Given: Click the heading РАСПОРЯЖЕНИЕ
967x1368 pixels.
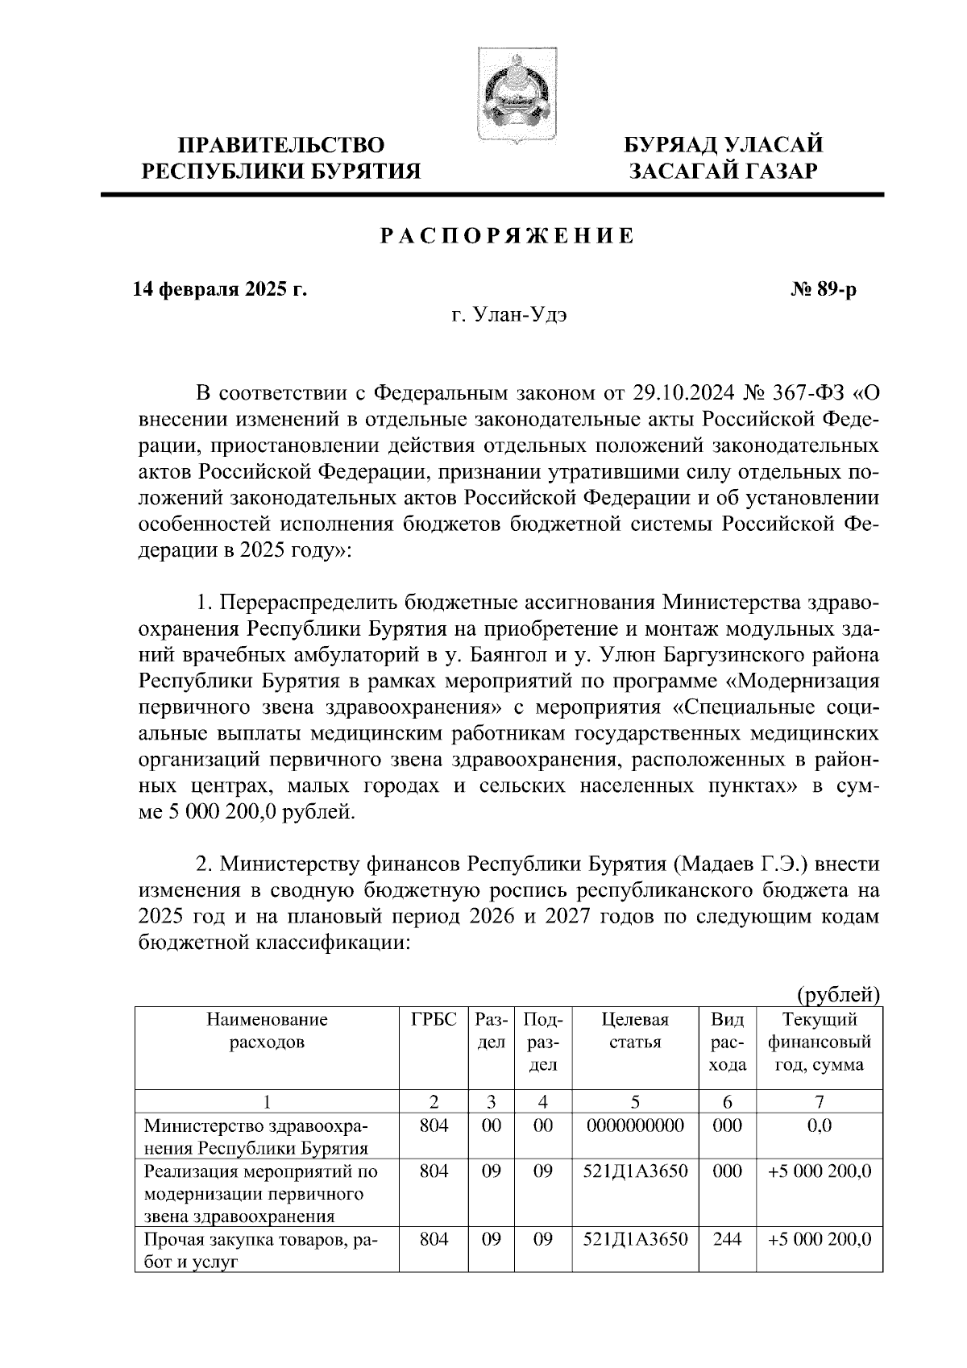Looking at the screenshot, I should (507, 236).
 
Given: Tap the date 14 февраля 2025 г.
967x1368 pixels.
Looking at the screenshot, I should (219, 289).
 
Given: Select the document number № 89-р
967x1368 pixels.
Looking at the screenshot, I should (823, 289).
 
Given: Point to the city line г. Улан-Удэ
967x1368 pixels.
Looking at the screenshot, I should (508, 316).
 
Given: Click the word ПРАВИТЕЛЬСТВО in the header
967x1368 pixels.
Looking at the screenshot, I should (281, 146).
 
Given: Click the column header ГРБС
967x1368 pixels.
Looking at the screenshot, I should (434, 1019).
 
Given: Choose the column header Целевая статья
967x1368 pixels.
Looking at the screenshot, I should (635, 1030).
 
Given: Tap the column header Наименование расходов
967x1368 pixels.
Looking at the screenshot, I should (267, 1030).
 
